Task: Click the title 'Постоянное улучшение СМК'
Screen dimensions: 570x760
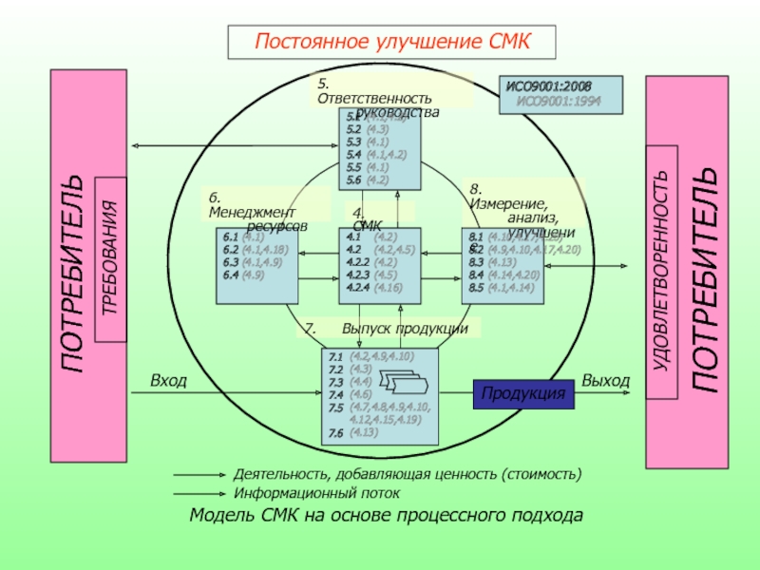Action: (390, 42)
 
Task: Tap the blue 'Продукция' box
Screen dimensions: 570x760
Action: (523, 393)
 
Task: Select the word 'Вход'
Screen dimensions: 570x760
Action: (168, 381)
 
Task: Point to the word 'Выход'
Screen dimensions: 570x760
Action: (605, 381)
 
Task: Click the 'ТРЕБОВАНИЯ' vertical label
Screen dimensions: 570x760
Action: (110, 258)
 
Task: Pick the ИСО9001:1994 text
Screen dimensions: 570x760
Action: (559, 100)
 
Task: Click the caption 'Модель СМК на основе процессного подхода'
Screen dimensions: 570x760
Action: (386, 516)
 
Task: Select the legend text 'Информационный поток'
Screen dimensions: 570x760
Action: (316, 494)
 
